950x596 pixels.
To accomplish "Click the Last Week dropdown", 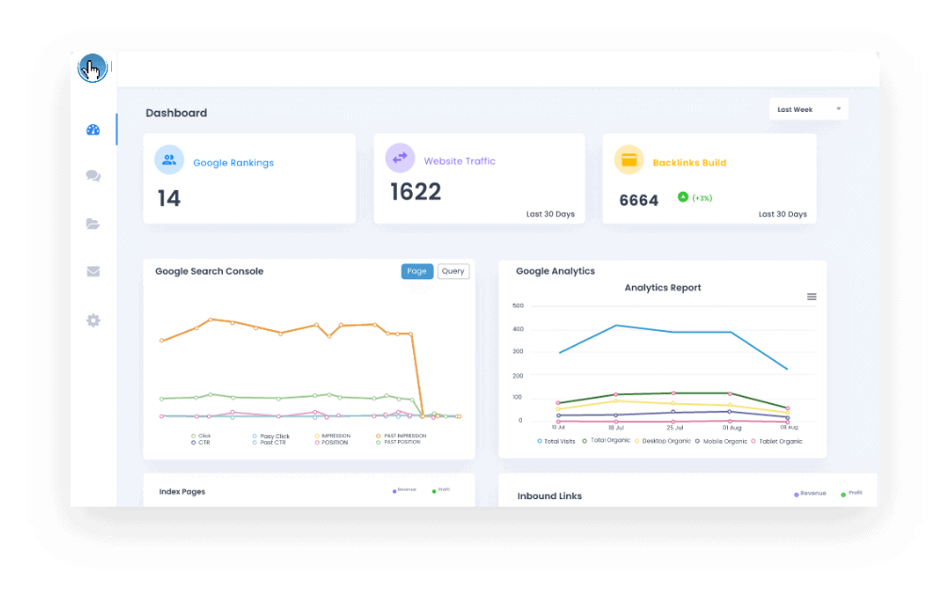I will coord(808,109).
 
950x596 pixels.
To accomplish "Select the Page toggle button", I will coord(417,272).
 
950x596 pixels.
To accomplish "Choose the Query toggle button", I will coord(453,272).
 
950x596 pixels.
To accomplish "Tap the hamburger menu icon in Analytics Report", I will coord(812,297).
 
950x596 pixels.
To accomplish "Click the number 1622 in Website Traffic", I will coord(416,192).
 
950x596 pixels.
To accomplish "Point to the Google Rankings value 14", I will coord(169,198).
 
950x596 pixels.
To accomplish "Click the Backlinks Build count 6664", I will coord(639,200).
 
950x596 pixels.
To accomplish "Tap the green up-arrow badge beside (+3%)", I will coord(683,197).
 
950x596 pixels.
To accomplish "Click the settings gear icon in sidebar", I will coord(93,321).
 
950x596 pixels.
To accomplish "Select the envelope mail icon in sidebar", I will coord(93,272).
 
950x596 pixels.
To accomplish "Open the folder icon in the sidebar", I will coord(93,224).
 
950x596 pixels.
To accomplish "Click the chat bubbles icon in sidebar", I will coord(93,176).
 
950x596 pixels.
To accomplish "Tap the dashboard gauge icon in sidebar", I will coord(93,130).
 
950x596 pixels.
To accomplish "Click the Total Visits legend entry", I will coord(556,441).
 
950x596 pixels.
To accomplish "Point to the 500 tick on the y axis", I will coord(517,306).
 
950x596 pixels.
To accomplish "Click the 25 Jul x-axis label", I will coord(673,427).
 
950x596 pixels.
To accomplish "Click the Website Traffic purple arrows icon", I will coord(400,158).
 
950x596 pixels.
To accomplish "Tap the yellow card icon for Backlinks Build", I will coord(628,160).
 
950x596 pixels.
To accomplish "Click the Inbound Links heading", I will coord(549,496).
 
